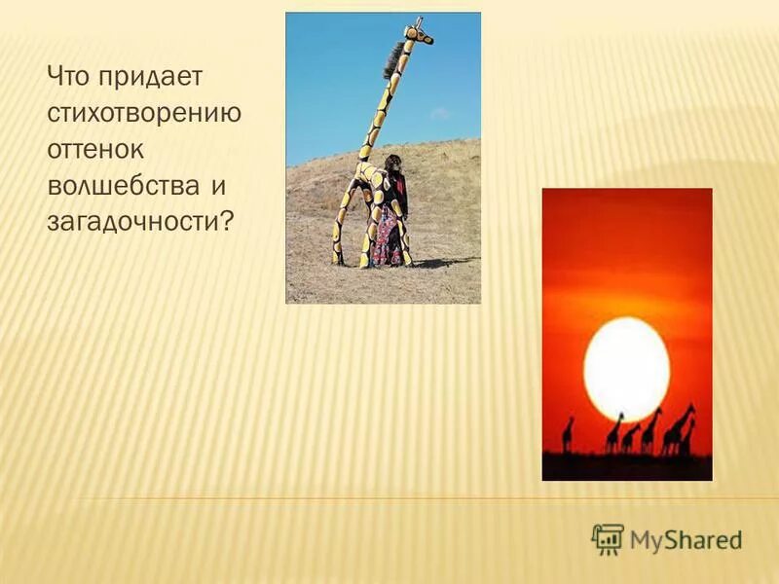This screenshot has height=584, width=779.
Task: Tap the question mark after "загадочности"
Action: [x=229, y=222]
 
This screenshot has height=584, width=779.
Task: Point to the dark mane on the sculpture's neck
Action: [x=392, y=63]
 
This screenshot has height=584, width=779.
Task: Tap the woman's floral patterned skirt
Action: [x=387, y=234]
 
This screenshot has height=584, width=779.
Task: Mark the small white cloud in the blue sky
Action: [x=440, y=114]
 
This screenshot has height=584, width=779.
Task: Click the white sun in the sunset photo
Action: [x=626, y=369]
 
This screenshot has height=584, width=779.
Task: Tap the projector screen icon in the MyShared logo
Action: [x=608, y=538]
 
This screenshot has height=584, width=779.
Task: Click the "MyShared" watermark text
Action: [x=685, y=539]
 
